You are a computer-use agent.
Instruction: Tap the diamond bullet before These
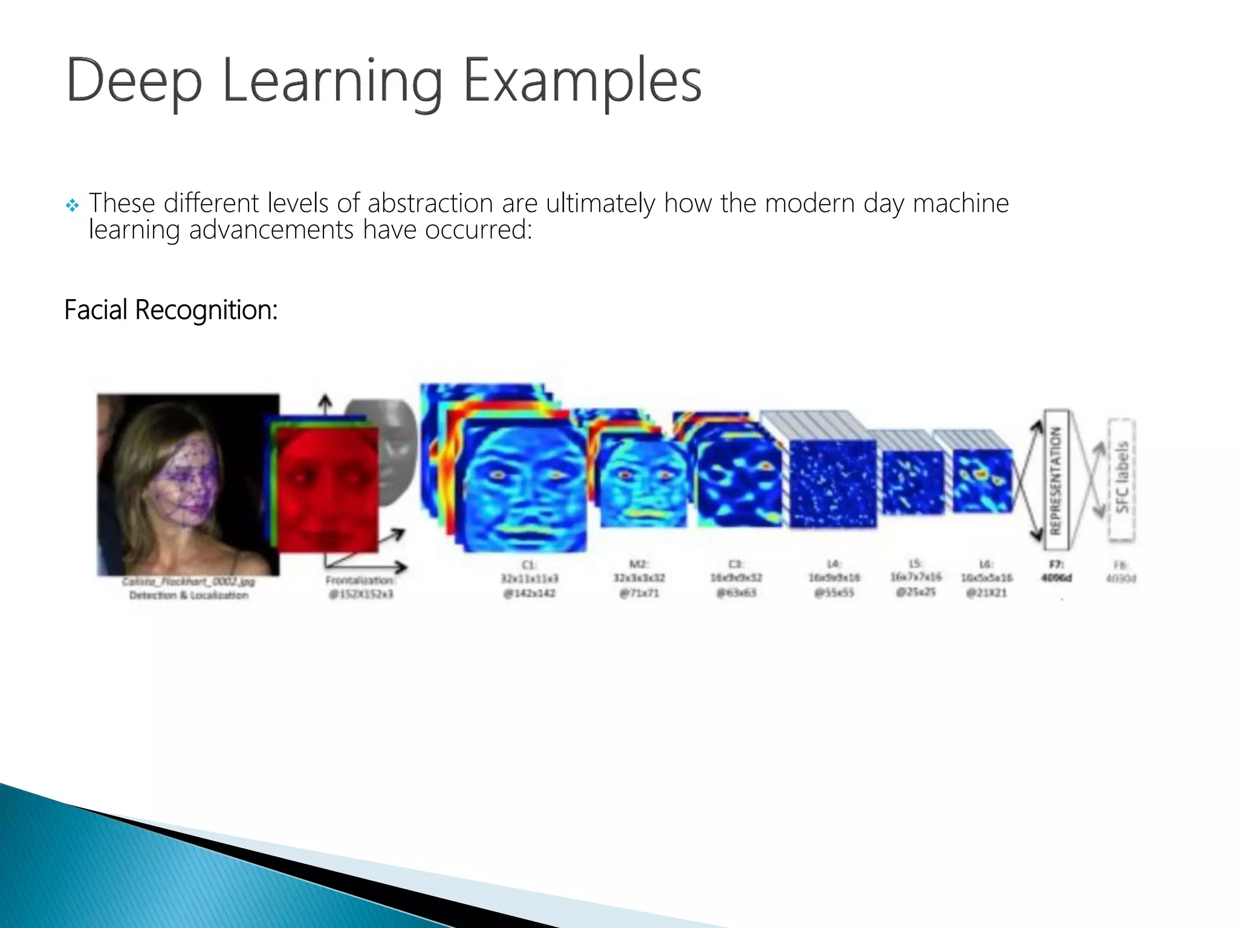coord(72,206)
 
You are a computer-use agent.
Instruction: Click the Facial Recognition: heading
coord(170,310)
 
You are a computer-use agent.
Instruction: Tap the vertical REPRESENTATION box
coord(1056,480)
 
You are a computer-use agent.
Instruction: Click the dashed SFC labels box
coord(1121,480)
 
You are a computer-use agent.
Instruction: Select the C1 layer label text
coord(529,579)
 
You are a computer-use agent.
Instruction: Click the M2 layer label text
coord(639,578)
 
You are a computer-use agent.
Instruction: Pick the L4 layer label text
coord(834,578)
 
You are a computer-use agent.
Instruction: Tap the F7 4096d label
coord(1056,572)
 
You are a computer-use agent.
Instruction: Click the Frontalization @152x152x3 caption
coord(360,587)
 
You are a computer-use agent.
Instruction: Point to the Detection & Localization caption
coord(189,595)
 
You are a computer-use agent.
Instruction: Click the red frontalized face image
coord(326,489)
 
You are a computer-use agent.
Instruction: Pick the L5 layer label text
coord(915,578)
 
